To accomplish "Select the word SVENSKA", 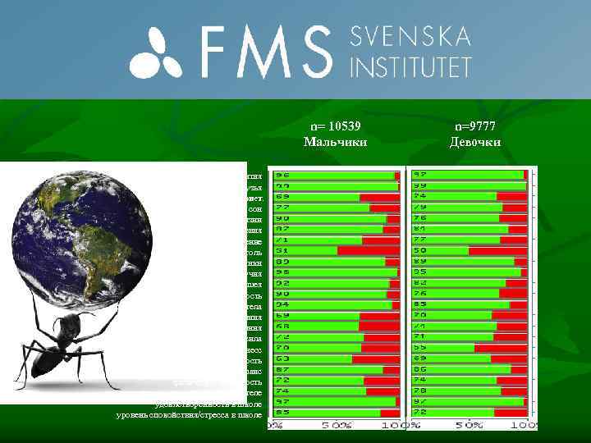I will point(410,37).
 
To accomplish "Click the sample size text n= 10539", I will point(336,126).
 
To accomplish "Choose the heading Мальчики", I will point(336,142).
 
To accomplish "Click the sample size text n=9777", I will point(475,126).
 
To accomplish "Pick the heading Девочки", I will point(475,142).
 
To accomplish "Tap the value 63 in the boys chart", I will point(282,359).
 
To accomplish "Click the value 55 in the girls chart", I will point(420,348).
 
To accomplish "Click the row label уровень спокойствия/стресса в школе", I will point(190,415).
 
